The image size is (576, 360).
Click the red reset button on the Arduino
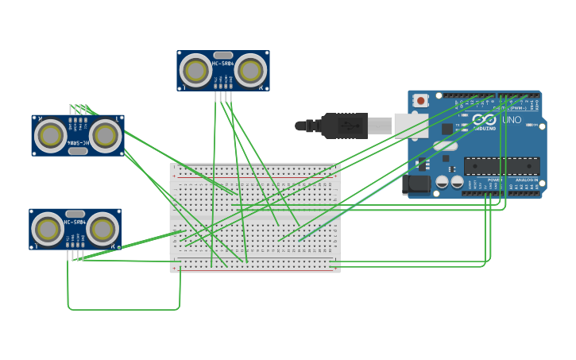[420, 101]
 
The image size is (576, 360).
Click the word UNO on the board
[512, 120]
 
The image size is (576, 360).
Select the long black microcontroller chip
[501, 165]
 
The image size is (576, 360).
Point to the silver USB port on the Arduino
[411, 126]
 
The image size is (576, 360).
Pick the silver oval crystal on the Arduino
[446, 145]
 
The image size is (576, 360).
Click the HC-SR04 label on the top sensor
[223, 62]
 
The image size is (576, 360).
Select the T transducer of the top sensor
[195, 71]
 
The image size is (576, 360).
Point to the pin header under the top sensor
[223, 96]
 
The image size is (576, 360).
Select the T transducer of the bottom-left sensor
[47, 230]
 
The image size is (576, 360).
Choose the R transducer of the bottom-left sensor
[102, 230]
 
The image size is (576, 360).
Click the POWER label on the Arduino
[494, 180]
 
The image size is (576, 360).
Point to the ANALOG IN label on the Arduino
[527, 180]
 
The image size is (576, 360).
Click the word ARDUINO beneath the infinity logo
[485, 127]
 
